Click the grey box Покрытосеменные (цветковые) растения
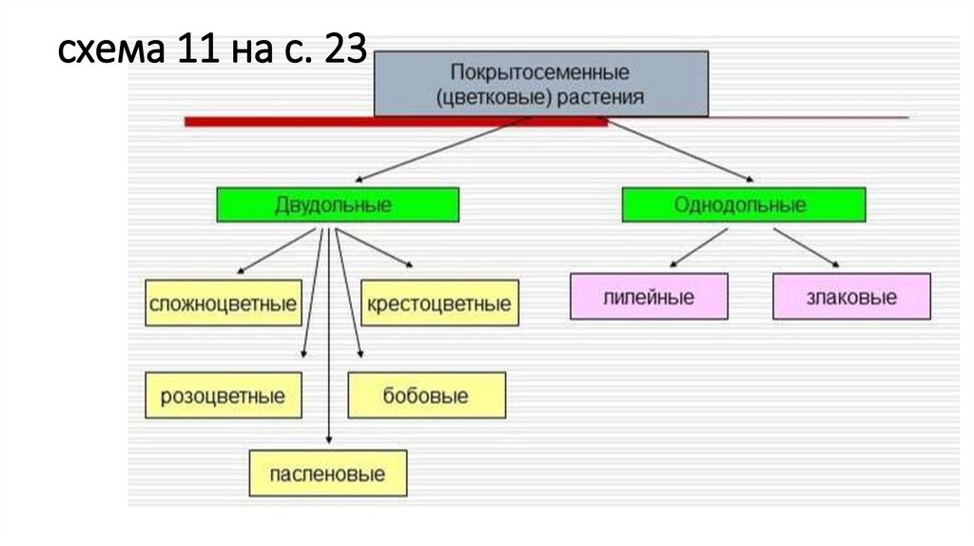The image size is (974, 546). (540, 85)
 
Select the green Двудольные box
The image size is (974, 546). (338, 205)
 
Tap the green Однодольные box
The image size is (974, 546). (743, 205)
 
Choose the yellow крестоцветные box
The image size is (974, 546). (439, 303)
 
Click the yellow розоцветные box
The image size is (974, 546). (224, 395)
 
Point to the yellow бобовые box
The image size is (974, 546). (426, 395)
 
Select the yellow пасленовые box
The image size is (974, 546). (328, 473)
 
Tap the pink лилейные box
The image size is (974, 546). (649, 296)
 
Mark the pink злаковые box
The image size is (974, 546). (851, 296)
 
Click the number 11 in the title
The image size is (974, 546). (196, 49)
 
